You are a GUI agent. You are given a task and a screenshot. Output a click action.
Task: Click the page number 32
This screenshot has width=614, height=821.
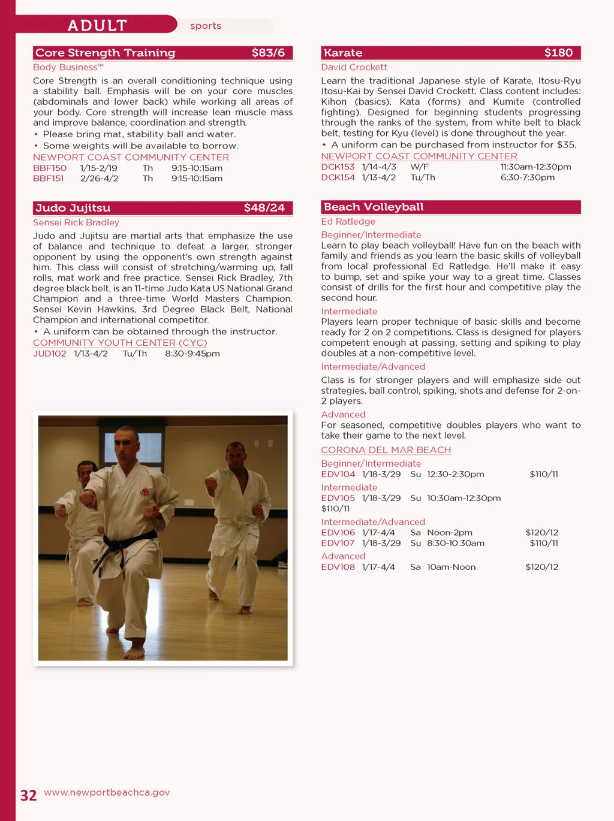[28, 795]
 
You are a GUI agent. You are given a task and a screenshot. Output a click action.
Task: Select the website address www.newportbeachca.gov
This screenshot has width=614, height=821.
[107, 792]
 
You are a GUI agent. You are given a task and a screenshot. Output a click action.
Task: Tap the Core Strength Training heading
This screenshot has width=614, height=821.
[106, 53]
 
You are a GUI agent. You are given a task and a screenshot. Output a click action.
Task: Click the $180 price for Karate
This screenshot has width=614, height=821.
[558, 53]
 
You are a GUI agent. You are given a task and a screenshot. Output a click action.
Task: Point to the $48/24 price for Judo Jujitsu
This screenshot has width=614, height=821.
[264, 208]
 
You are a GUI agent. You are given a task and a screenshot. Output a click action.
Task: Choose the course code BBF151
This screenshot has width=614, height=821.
[48, 178]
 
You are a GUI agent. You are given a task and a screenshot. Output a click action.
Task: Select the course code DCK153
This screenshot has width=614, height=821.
[338, 167]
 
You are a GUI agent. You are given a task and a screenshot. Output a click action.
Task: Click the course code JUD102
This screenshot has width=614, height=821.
[49, 354]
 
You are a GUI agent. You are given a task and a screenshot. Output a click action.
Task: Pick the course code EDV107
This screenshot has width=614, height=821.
[338, 543]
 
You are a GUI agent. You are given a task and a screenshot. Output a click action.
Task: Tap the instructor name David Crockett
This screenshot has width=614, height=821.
[354, 67]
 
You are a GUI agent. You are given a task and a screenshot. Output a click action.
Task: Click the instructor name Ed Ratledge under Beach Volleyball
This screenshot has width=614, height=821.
[348, 222]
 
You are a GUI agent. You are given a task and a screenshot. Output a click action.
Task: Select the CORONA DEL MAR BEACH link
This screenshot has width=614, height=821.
[386, 450]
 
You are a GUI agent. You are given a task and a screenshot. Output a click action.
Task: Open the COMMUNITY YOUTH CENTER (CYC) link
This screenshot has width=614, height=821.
[120, 343]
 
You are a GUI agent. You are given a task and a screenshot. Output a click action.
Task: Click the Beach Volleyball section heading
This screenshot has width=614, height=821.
[374, 207]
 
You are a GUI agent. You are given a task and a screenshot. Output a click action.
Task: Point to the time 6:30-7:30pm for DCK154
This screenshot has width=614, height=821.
[527, 177]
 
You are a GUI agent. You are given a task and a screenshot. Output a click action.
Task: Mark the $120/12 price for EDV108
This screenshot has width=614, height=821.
[541, 567]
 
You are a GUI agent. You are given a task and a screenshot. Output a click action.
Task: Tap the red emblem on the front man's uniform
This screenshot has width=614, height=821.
[145, 493]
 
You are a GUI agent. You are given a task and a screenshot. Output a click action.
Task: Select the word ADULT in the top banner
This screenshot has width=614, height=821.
[97, 25]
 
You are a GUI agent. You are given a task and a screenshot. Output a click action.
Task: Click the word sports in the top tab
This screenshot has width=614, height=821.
[206, 26]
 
